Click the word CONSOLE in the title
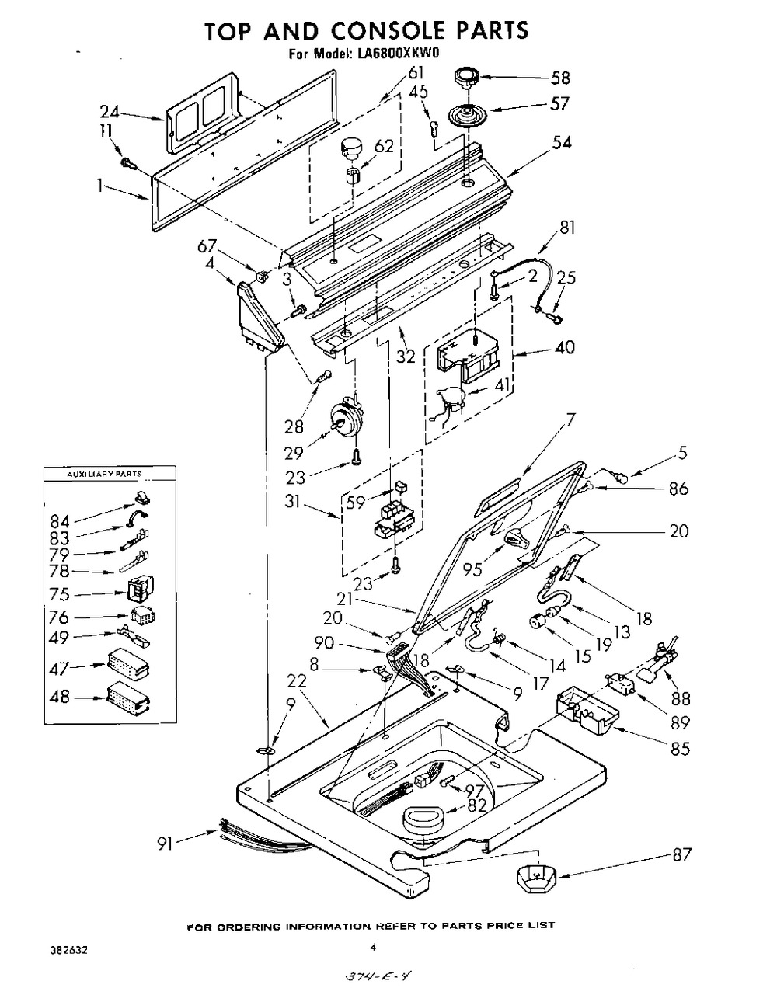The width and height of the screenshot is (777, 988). (x=388, y=31)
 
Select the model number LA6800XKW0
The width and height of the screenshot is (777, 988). (x=395, y=54)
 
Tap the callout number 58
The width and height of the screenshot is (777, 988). (x=560, y=78)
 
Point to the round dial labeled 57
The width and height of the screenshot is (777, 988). (x=466, y=113)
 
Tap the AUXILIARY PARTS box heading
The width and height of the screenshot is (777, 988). (x=105, y=475)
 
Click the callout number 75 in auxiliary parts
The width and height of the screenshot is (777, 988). (x=59, y=594)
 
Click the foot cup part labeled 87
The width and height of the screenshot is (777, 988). (x=536, y=878)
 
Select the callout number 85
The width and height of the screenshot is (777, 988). (x=680, y=749)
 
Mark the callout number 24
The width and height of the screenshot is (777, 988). (x=110, y=112)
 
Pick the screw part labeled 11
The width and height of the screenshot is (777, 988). (x=128, y=162)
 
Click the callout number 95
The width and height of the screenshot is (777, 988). (x=472, y=569)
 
